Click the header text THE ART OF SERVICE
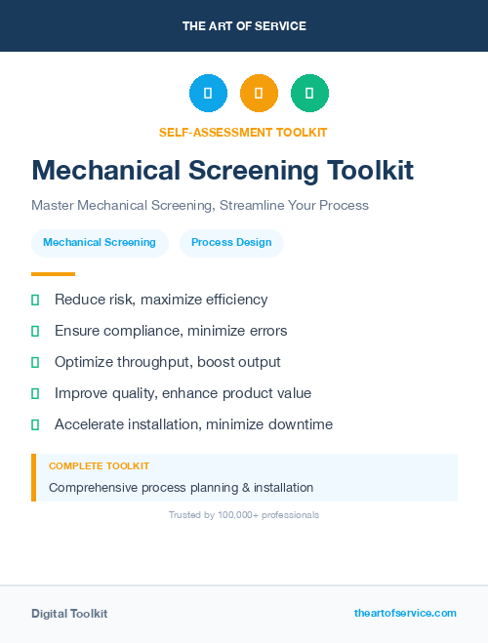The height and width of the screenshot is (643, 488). [244, 26]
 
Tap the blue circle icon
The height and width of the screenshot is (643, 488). [208, 93]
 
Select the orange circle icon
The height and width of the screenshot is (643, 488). [259, 93]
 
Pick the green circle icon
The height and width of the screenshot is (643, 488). [309, 93]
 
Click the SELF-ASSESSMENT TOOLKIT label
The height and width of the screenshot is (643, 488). [243, 132]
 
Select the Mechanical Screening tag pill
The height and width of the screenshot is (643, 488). [100, 243]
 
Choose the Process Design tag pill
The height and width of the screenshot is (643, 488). [231, 243]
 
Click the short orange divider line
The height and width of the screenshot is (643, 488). [53, 274]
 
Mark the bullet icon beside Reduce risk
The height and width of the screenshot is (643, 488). [35, 301]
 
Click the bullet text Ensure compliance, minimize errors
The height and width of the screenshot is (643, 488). [171, 332]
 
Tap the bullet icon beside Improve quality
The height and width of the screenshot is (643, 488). [35, 394]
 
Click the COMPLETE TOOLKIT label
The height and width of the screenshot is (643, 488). [99, 466]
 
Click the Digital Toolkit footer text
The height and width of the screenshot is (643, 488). [69, 614]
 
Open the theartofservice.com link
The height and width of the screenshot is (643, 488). [405, 613]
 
